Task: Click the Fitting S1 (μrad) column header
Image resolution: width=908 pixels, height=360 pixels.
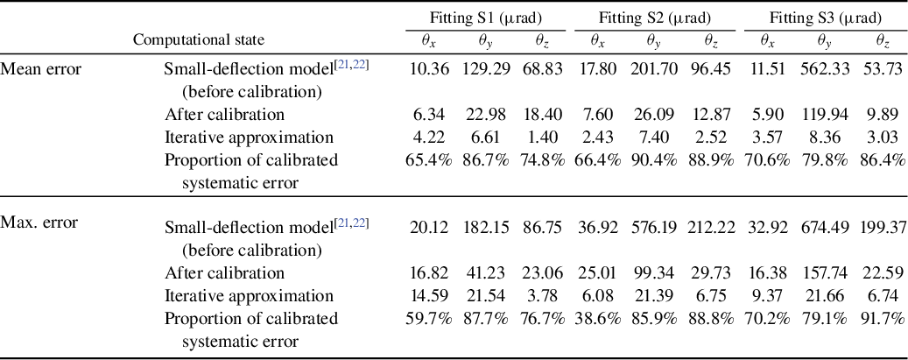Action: (x=485, y=18)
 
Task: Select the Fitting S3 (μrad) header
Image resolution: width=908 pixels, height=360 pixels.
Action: (x=825, y=18)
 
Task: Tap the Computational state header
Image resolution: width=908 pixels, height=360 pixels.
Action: (x=198, y=39)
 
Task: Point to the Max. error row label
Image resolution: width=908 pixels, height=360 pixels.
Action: (x=39, y=222)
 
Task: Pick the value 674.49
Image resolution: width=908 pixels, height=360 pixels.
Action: (x=825, y=227)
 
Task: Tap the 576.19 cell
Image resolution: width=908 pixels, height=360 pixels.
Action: (x=654, y=227)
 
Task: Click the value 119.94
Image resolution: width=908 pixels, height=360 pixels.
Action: (x=825, y=114)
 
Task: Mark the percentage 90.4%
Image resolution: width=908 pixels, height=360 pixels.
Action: (x=654, y=160)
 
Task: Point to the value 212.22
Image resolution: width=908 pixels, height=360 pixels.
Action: (x=711, y=227)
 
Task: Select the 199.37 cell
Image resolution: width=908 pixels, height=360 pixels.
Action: (x=879, y=227)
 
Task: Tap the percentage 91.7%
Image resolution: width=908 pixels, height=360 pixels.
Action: (x=879, y=319)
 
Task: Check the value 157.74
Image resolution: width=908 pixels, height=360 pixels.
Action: (x=825, y=273)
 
